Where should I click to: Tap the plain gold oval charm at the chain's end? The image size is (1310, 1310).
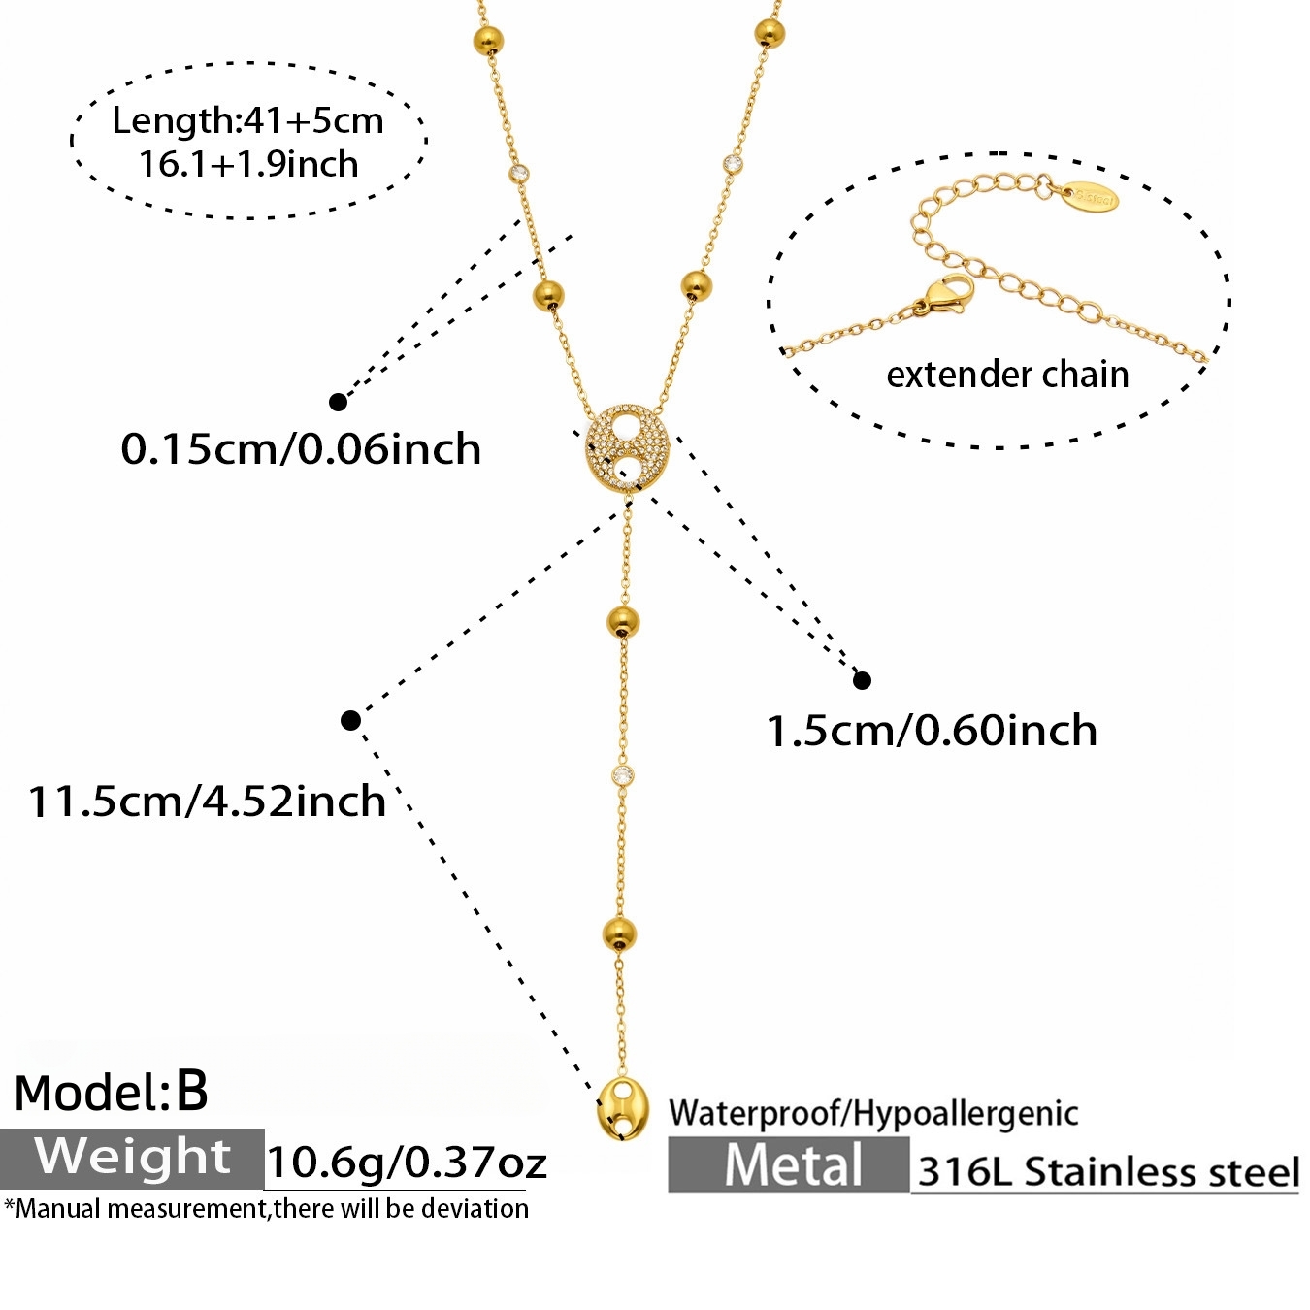[621, 1111]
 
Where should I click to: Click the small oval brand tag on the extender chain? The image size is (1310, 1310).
[1090, 196]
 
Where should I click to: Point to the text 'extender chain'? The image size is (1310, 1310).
[1007, 375]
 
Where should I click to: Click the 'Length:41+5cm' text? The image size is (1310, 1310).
[248, 121]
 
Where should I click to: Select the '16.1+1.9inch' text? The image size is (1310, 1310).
[248, 165]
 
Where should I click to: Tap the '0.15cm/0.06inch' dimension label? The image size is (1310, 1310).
[301, 449]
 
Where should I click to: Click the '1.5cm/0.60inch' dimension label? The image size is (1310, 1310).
[932, 731]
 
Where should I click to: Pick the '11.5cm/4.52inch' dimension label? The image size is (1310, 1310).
[207, 801]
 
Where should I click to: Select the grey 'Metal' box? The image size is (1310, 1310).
[789, 1164]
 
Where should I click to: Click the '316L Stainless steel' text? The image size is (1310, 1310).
[1108, 1171]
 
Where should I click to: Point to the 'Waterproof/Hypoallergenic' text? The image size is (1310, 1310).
[873, 1113]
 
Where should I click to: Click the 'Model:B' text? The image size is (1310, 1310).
[111, 1093]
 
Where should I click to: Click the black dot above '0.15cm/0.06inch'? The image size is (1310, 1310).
[338, 402]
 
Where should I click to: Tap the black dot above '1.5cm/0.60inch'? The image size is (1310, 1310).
[862, 680]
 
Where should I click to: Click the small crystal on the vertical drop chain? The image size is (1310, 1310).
[623, 773]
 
